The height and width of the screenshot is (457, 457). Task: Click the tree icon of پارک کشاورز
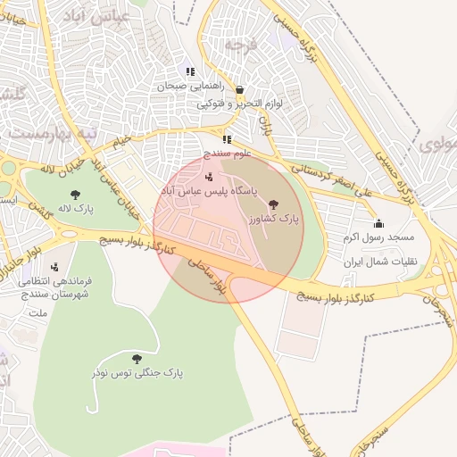pyautogui.click(x=273, y=204)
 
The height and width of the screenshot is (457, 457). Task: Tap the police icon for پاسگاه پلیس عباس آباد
pyautogui.click(x=209, y=177)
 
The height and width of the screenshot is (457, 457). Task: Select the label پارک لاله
pyautogui.click(x=78, y=209)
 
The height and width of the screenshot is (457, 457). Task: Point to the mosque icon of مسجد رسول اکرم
pyautogui.click(x=378, y=223)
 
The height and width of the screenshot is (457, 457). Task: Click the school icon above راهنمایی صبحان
pyautogui.click(x=189, y=71)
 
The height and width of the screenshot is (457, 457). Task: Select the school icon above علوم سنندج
pyautogui.click(x=227, y=139)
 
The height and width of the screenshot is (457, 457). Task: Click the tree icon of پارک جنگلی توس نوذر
pyautogui.click(x=136, y=358)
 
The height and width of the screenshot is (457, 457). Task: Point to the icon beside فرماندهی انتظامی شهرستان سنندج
pyautogui.click(x=55, y=267)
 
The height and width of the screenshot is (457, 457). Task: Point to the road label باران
pyautogui.click(x=264, y=124)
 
